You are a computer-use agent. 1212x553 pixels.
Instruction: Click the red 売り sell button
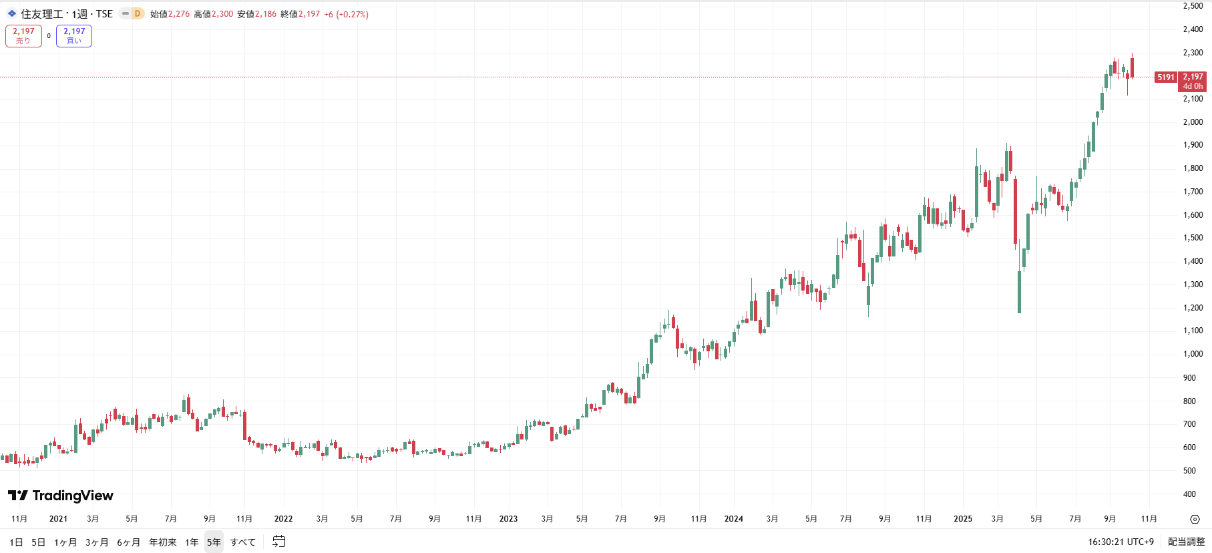tap(23, 36)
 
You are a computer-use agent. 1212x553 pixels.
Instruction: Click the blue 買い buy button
tap(74, 36)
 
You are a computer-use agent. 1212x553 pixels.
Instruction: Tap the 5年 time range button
tap(214, 542)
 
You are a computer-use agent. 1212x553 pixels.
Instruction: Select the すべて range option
tap(242, 542)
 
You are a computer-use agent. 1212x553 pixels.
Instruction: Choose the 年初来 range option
tap(162, 542)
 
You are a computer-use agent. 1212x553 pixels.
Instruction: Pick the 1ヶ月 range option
tap(65, 542)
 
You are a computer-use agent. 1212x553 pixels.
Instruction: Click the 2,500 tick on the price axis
tap(1193, 6)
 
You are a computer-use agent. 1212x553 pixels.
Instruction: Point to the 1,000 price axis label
tap(1193, 354)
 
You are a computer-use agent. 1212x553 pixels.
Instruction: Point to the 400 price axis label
tap(1189, 494)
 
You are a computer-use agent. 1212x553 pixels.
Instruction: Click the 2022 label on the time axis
tap(283, 519)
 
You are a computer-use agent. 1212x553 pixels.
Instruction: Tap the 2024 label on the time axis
tap(733, 519)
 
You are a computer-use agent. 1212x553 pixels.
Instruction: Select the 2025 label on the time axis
tap(962, 519)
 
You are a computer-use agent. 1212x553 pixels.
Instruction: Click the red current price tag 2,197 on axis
tap(1193, 81)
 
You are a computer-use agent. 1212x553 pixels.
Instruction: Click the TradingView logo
tap(61, 496)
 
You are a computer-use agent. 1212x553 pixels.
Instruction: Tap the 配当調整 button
tap(1186, 542)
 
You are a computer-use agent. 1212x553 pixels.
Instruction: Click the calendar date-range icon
tap(279, 542)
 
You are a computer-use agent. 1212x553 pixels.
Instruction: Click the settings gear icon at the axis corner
tap(1195, 519)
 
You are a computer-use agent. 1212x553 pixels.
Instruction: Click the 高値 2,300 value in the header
tap(222, 14)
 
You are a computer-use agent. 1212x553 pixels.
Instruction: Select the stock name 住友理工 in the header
tap(41, 14)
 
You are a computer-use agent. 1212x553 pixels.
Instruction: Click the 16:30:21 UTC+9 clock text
tap(1121, 542)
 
